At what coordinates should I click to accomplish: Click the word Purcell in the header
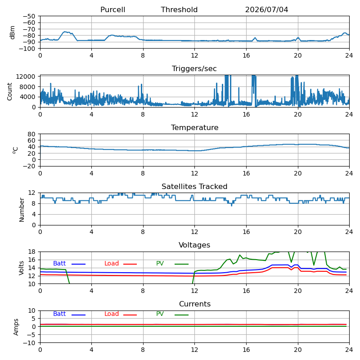click(113, 9)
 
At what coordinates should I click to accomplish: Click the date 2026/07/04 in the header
click(266, 9)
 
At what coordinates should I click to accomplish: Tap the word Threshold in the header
click(179, 9)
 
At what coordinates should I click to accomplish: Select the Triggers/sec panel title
click(194, 69)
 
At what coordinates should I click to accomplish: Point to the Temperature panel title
click(195, 127)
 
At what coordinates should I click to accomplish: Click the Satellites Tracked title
click(194, 186)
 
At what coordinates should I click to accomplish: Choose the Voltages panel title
click(194, 245)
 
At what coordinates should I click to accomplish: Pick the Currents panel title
click(195, 304)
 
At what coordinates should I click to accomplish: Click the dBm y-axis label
click(12, 32)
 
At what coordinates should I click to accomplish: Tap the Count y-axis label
click(9, 92)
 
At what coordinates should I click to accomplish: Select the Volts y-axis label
click(21, 268)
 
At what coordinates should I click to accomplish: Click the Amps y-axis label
click(16, 327)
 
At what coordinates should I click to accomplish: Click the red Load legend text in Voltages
click(112, 263)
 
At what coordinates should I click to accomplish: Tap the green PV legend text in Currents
click(160, 314)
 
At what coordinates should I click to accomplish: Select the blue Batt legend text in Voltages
click(59, 263)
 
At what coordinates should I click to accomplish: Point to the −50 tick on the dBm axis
click(29, 16)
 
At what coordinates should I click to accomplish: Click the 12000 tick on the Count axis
click(26, 76)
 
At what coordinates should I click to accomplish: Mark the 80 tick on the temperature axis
click(31, 134)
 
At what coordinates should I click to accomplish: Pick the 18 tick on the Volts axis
click(31, 252)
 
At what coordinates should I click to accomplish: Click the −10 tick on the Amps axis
click(29, 343)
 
